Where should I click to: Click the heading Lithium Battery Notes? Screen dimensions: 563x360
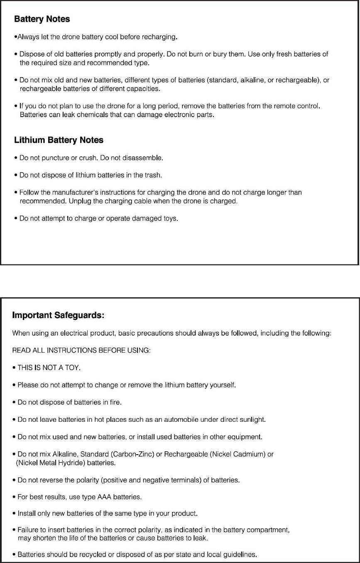click(x=59, y=140)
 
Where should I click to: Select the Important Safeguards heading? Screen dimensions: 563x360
click(x=58, y=315)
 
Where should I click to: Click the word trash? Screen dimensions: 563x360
click(x=152, y=175)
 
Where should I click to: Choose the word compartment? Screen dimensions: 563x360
click(x=265, y=530)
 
